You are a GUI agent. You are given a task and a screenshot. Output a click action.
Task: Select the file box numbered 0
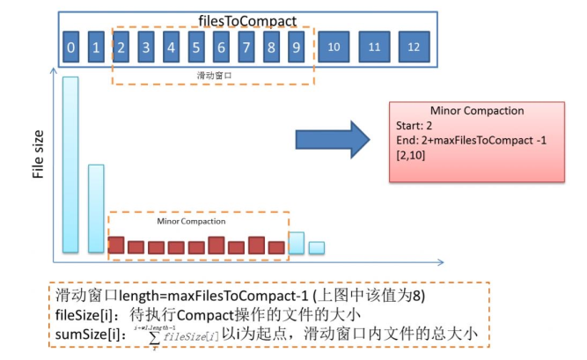[x=71, y=48]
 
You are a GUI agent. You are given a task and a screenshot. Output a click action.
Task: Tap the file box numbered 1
[x=97, y=48]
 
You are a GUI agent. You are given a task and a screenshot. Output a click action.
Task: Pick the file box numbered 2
[x=122, y=48]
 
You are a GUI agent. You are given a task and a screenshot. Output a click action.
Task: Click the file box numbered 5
[x=197, y=48]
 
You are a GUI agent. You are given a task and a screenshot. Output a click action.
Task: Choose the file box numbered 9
[x=297, y=48]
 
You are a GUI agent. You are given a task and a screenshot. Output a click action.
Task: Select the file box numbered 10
[x=333, y=46]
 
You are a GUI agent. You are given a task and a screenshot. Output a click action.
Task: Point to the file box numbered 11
[x=374, y=46]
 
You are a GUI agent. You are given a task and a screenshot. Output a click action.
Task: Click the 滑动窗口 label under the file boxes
[x=211, y=76]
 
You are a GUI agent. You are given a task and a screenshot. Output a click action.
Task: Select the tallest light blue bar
[x=70, y=165]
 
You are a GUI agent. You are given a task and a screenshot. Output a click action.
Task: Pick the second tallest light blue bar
[x=96, y=209]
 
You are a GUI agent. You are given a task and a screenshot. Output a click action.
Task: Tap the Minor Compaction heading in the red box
[x=476, y=111]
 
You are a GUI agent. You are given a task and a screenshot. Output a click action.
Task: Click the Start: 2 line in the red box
[x=415, y=126]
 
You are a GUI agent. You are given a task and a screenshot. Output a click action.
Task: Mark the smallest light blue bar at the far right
[x=316, y=248]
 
